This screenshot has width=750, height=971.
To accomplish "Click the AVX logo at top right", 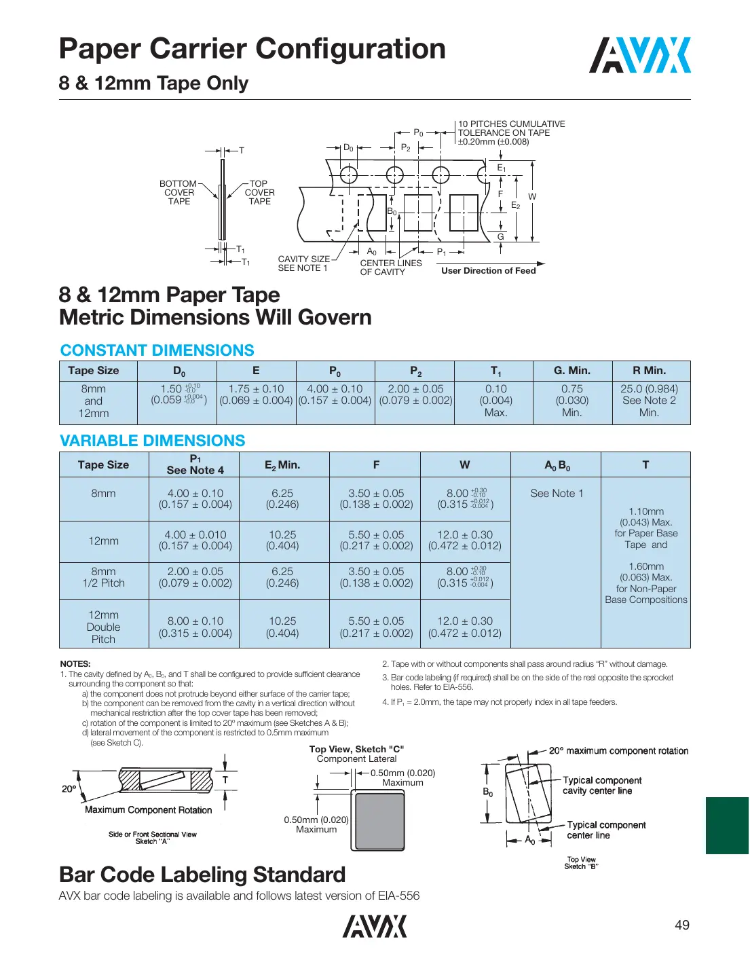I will click(639, 56).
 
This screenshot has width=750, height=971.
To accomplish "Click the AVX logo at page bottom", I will click(375, 926).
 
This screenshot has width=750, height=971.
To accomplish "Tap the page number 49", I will click(681, 925).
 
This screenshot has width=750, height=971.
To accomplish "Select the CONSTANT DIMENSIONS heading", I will click(157, 350).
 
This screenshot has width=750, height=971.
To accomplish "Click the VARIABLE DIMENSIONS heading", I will click(152, 441).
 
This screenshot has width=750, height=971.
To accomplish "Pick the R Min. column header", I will click(649, 371).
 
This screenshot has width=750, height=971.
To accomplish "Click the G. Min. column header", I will click(571, 371).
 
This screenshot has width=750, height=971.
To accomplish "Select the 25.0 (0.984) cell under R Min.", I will click(649, 389).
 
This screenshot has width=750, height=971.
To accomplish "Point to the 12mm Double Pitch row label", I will click(103, 627).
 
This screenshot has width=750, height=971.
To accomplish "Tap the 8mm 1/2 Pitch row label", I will click(103, 577).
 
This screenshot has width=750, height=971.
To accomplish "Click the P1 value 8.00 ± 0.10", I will click(195, 621).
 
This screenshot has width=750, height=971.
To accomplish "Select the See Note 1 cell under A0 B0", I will click(556, 494).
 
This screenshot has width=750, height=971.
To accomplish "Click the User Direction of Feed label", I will click(488, 271).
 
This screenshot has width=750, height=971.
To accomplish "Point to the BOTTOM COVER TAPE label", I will click(179, 193).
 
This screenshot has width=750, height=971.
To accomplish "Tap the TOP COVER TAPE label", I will click(259, 193).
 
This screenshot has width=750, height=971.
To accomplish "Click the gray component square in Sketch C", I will click(379, 821).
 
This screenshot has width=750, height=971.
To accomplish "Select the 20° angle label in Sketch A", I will click(69, 789).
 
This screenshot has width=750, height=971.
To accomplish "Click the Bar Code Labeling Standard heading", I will click(202, 875).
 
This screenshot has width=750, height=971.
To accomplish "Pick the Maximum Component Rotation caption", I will click(148, 810).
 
